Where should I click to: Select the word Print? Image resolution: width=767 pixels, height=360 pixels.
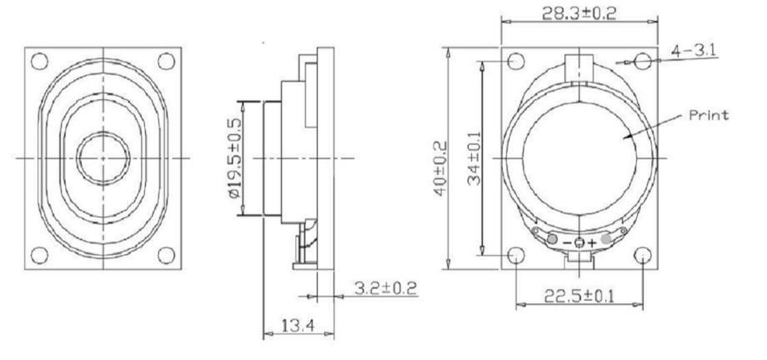point(706,115)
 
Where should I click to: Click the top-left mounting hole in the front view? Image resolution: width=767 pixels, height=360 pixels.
point(38,61)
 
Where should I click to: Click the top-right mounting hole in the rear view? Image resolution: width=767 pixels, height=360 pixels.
point(642,62)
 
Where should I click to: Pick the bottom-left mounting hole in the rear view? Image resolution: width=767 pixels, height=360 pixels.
point(517,256)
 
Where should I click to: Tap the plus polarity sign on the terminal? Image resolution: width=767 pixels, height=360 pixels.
point(593,242)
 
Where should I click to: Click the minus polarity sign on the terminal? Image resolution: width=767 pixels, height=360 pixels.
point(568,242)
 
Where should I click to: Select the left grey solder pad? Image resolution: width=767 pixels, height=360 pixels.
point(553,240)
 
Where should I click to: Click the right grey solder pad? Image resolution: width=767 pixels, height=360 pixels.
point(606,240)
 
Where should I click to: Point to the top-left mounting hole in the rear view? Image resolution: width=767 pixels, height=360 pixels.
point(517,62)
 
